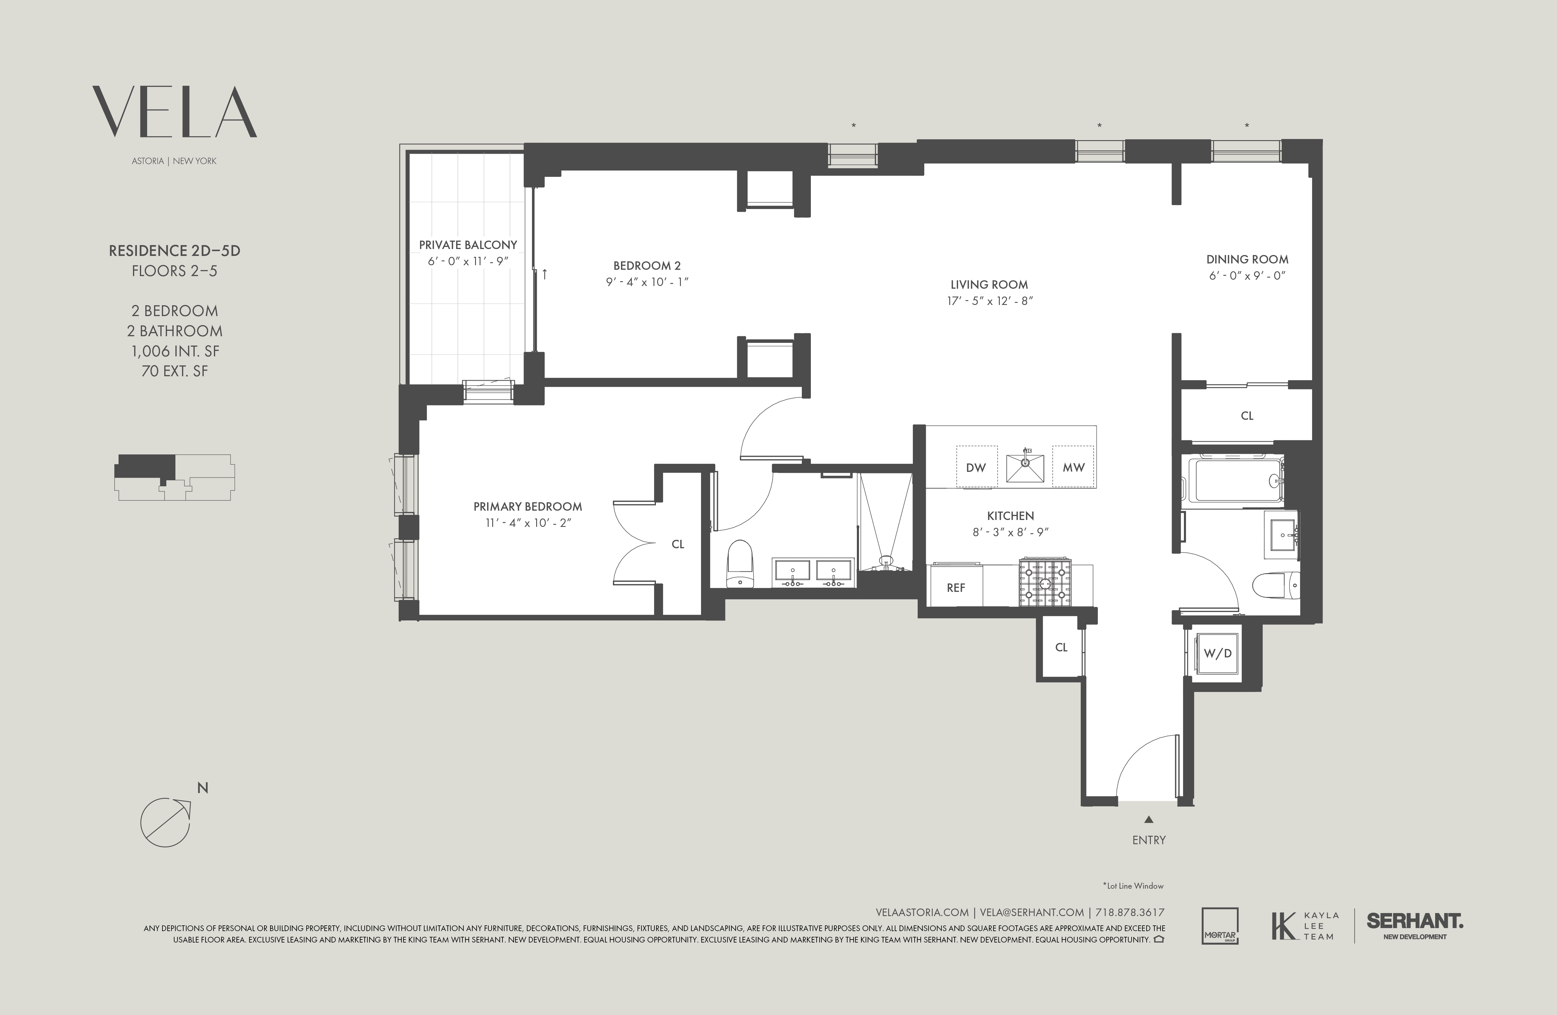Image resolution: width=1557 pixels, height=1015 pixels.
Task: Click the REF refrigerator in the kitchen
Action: click(956, 587)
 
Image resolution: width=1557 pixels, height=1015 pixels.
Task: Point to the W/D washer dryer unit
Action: click(1218, 653)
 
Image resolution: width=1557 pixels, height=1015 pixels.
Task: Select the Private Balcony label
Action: click(468, 245)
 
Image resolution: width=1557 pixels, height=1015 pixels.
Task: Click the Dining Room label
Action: click(1247, 259)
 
